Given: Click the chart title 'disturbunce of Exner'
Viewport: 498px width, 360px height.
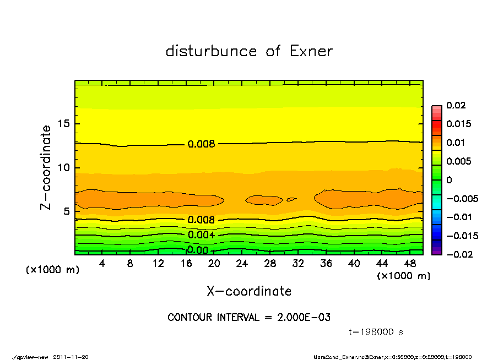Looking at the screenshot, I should [x=249, y=51].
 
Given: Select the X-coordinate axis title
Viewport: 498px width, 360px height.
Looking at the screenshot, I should [x=249, y=291].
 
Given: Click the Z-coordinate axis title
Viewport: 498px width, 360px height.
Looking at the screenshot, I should [x=46, y=167].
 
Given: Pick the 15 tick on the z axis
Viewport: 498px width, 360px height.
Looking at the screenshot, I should [x=64, y=124].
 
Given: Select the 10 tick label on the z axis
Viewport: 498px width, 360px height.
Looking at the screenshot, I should [x=64, y=168].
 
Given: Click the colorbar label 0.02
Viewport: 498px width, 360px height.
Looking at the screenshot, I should [x=456, y=105].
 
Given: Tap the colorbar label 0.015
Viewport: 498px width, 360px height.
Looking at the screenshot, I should [x=458, y=124].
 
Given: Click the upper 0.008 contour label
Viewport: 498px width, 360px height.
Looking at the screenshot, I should [x=201, y=144].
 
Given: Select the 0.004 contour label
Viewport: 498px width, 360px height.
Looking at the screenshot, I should [x=201, y=235].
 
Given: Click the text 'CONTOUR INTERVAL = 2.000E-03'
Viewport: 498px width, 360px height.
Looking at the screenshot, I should [x=249, y=318].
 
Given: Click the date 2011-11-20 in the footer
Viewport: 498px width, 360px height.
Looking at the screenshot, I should [x=71, y=357].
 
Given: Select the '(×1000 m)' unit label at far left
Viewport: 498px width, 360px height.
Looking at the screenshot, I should [x=50, y=270].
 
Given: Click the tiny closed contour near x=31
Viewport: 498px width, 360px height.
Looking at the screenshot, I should [x=292, y=199].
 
